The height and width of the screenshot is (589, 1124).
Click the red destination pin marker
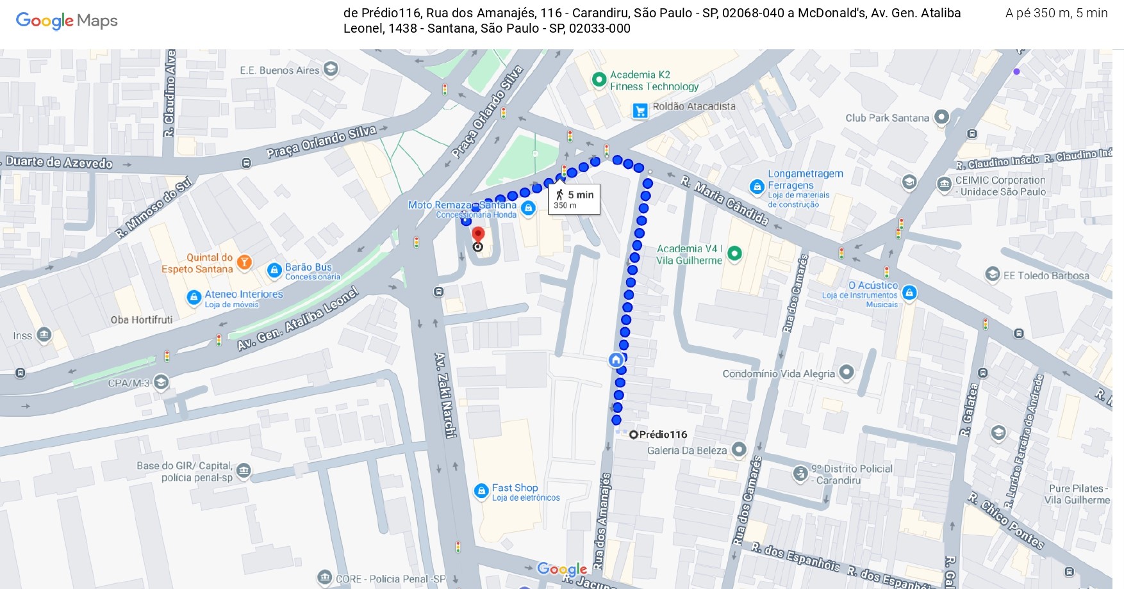tap(478, 234)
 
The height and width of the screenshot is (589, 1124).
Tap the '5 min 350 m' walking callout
tap(574, 199)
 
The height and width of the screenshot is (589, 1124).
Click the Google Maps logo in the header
tap(67, 21)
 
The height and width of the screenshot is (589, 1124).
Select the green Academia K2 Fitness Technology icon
tap(599, 80)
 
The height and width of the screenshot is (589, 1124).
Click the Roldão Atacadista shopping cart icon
tap(640, 111)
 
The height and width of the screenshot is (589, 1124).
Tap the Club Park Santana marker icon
tap(941, 117)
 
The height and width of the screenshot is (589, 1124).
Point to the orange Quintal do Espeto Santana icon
tap(244, 262)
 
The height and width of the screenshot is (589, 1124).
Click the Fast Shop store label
tap(515, 488)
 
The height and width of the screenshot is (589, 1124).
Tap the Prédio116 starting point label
tap(663, 434)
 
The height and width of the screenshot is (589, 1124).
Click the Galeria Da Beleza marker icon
tap(739, 449)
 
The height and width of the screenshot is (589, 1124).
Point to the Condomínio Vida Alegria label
tap(779, 374)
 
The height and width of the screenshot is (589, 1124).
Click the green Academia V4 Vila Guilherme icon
tap(735, 254)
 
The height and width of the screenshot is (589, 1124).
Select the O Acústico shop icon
tap(909, 293)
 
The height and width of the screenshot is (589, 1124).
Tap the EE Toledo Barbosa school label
tap(1046, 276)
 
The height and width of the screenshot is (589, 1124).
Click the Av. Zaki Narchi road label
tap(445, 394)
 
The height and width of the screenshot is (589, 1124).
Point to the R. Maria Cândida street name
tap(724, 200)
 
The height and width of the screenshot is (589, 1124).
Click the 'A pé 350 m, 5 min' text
tap(1056, 13)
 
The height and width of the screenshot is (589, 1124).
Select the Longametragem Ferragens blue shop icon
tap(757, 187)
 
